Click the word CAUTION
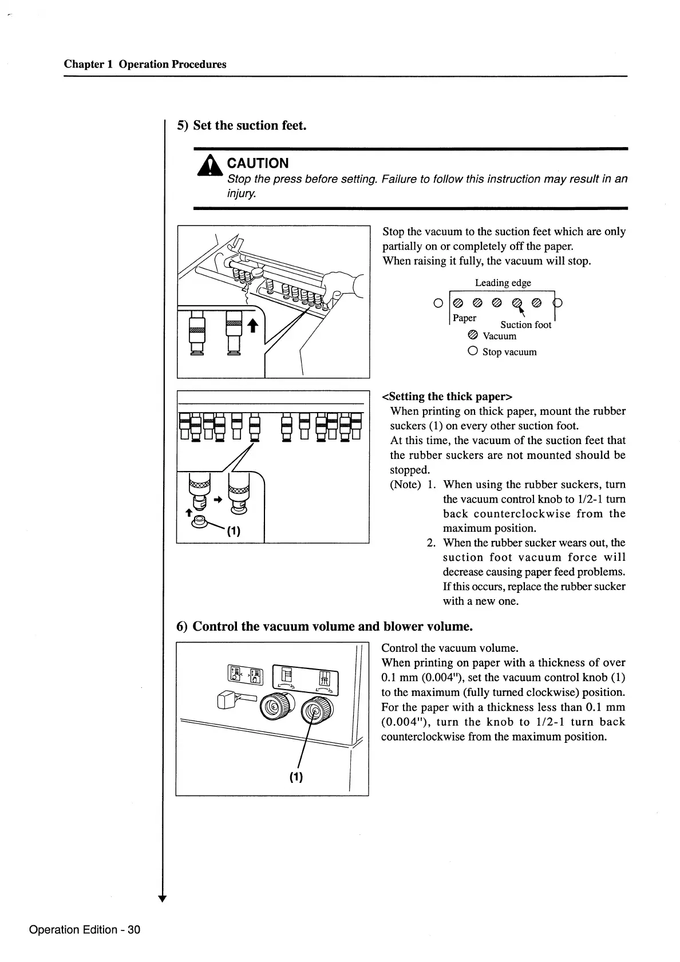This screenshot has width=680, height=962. (258, 163)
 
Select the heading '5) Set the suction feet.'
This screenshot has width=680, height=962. (242, 125)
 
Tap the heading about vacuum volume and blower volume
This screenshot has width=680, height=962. (325, 626)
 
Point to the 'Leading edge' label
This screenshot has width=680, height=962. (503, 283)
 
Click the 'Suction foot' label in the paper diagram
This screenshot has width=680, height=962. (525, 325)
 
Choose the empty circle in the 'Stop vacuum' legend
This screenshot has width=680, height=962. (473, 351)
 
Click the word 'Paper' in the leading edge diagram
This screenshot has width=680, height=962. (464, 318)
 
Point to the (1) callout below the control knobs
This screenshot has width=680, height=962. (296, 777)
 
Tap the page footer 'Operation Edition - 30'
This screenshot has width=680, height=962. (85, 929)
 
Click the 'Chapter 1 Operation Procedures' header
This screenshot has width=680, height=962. (145, 64)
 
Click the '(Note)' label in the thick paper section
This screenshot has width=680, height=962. (405, 485)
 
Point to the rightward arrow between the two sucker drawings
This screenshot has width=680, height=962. (218, 499)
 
